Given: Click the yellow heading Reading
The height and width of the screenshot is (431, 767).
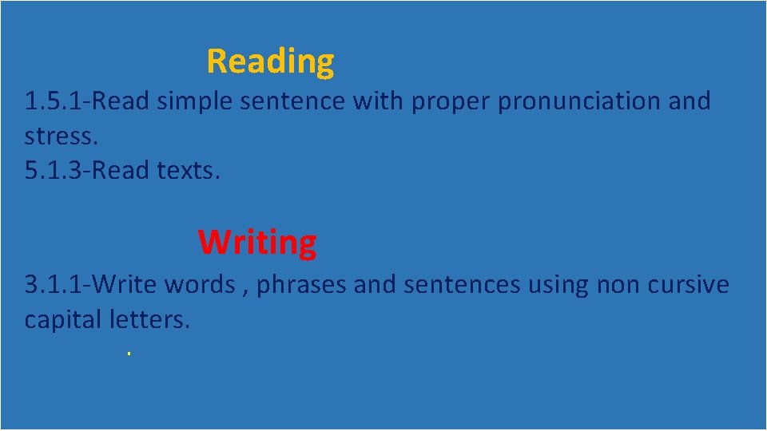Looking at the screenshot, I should pos(270,61).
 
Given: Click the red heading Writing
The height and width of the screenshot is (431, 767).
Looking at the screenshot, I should pos(257,242).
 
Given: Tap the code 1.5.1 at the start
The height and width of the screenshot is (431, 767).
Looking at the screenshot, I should pos(55,101).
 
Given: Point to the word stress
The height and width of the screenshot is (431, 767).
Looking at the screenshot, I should pos(61,136).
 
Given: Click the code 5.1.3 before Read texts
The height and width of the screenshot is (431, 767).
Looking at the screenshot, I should pos(55,171).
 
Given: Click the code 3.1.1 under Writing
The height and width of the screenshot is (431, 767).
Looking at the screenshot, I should pos(55,284).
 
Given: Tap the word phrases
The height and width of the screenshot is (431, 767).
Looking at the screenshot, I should pos(301,285).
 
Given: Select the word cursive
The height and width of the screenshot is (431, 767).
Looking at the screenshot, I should pos(690,284).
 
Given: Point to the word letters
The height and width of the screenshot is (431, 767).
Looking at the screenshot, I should pos(153,319).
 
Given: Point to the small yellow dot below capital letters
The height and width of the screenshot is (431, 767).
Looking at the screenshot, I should pos(128,353).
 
